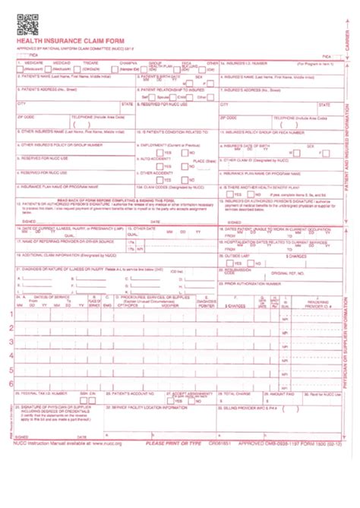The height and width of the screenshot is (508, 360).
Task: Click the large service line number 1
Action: (x=11, y=293)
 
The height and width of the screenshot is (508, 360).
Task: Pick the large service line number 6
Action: (x=11, y=383)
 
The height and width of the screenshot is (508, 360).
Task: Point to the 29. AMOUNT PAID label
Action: (x=279, y=394)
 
